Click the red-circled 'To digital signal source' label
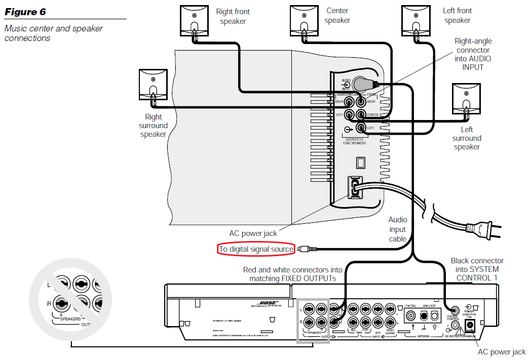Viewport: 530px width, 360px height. click(x=256, y=249)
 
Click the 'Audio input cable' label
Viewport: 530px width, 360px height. click(x=398, y=229)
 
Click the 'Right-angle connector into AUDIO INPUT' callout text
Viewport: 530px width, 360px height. click(x=473, y=54)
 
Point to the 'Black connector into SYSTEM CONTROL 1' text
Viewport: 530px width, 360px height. click(x=477, y=269)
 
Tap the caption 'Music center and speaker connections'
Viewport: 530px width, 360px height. click(x=53, y=33)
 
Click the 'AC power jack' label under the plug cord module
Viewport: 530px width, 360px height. click(x=253, y=233)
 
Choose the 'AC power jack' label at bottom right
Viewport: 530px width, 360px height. click(x=502, y=352)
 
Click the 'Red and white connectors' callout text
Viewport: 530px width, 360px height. click(x=293, y=274)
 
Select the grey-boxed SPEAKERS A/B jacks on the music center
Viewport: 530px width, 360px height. click(x=314, y=321)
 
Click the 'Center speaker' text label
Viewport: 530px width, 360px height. click(x=337, y=15)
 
